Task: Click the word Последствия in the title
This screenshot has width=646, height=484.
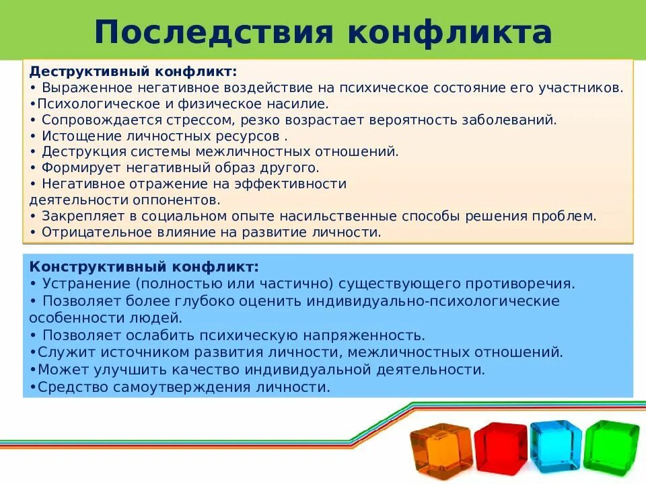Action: tap(213, 32)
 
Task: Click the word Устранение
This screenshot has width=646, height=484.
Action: tap(85, 284)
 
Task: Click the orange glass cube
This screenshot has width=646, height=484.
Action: tap(441, 449)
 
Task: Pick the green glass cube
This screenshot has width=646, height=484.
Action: tap(611, 444)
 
